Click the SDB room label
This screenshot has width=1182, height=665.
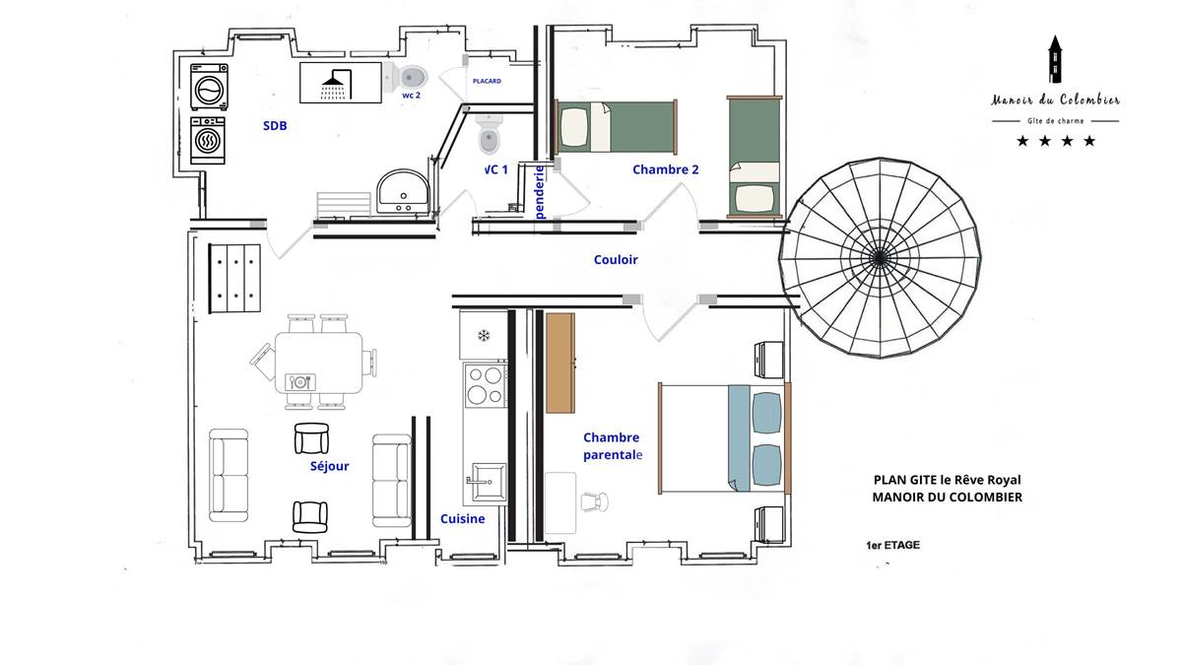pyautogui.click(x=275, y=126)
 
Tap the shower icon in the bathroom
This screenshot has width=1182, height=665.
pyautogui.click(x=336, y=85)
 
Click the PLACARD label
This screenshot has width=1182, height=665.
pyautogui.click(x=487, y=81)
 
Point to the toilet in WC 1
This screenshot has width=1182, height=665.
pyautogui.click(x=490, y=135)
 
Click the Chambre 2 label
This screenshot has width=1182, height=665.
pyautogui.click(x=666, y=169)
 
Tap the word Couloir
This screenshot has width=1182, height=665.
pyautogui.click(x=616, y=260)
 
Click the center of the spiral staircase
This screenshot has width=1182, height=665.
pyautogui.click(x=880, y=258)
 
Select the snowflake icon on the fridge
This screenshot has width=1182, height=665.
pyautogui.click(x=484, y=335)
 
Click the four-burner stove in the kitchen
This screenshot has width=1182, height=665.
pyautogui.click(x=486, y=385)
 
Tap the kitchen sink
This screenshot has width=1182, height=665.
pyautogui.click(x=489, y=482)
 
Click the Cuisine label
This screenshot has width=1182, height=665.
pyautogui.click(x=462, y=519)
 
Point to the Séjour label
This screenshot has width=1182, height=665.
pyautogui.click(x=329, y=465)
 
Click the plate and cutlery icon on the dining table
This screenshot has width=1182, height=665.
pyautogui.click(x=300, y=381)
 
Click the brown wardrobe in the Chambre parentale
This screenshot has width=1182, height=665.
pyautogui.click(x=560, y=364)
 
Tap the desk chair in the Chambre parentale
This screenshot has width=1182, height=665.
pyautogui.click(x=595, y=501)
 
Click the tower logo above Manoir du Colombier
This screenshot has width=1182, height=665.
pyautogui.click(x=1055, y=59)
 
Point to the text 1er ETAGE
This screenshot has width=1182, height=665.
pyautogui.click(x=892, y=545)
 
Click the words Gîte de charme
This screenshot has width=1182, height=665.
pyautogui.click(x=1055, y=121)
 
